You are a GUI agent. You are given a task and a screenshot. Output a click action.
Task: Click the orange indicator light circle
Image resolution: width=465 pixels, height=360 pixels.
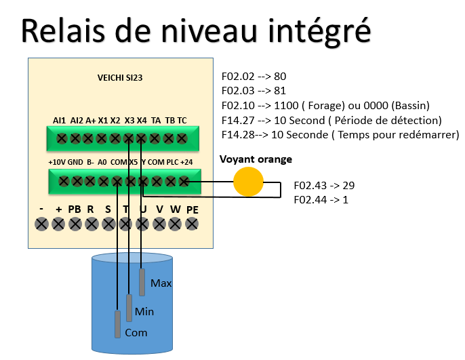pos(247,182)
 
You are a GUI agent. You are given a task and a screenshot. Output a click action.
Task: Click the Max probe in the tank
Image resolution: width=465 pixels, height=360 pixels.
pos(142,282)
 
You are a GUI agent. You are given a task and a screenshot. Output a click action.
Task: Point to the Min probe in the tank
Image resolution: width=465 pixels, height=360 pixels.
pos(129,308)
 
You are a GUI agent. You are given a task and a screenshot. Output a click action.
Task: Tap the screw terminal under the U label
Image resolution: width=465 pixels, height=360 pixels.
pos(142,224)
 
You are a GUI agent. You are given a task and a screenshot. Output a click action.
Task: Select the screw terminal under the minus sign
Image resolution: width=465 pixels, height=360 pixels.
pos(41,224)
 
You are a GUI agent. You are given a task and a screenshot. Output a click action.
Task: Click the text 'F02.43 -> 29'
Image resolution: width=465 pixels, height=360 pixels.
pos(324,185)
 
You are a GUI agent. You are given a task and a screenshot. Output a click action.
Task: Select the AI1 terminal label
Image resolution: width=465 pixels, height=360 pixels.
pos(59,120)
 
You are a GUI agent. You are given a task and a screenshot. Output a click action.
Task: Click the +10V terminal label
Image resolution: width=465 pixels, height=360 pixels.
pos(56,163)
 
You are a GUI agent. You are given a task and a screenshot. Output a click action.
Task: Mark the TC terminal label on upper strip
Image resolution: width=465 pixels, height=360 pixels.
pos(182,120)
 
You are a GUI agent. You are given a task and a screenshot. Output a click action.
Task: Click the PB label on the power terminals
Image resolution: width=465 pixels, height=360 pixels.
pos(74,209)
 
